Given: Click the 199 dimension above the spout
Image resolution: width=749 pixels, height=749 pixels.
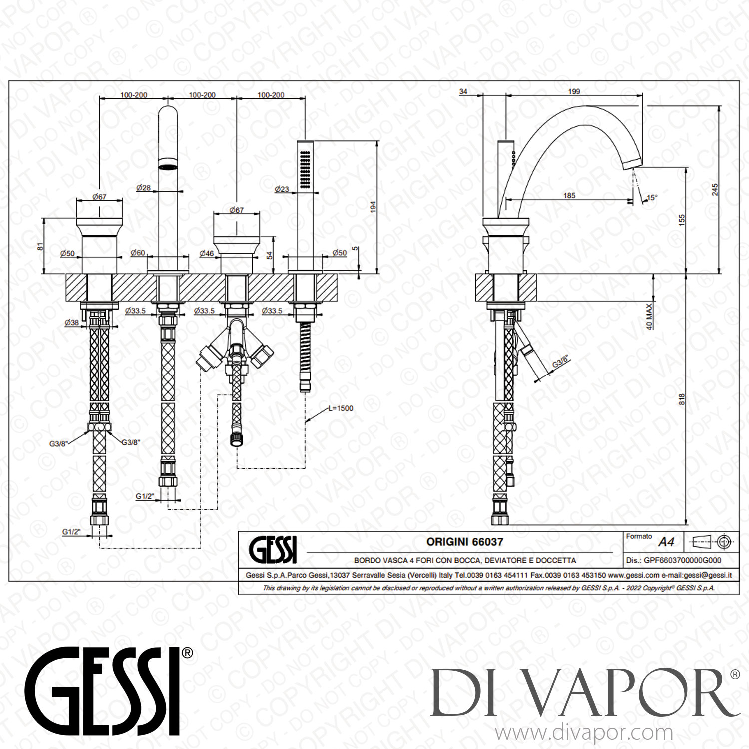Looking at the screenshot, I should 574,91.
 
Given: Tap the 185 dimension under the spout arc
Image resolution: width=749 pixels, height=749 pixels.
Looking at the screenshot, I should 569,195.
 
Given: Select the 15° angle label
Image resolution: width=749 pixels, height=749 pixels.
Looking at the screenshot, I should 652,198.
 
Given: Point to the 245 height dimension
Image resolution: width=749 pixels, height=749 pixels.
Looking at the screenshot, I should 715,189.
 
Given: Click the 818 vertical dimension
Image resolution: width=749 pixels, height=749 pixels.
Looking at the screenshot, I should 682,399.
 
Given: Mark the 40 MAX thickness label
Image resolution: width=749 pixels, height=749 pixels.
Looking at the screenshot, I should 649,316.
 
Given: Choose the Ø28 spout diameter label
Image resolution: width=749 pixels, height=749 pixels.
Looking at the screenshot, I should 143,188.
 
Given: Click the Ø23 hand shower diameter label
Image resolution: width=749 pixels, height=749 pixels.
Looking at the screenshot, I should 282,189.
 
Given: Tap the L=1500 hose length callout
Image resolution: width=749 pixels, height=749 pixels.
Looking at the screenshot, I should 341,408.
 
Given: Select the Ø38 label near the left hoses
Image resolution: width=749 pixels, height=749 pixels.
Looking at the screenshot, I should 71,323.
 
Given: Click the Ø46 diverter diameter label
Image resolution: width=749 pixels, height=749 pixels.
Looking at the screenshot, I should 207,253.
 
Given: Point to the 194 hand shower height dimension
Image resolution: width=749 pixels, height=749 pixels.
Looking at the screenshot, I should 373,207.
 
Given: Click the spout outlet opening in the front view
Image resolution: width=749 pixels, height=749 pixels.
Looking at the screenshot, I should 168,165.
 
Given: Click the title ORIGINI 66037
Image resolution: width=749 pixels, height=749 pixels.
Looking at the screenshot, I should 464,542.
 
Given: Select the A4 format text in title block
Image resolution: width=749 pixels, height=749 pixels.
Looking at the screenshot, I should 666,542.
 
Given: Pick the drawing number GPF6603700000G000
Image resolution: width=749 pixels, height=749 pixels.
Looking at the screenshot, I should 682,560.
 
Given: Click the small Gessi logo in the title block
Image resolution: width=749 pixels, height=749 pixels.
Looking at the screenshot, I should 273,550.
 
